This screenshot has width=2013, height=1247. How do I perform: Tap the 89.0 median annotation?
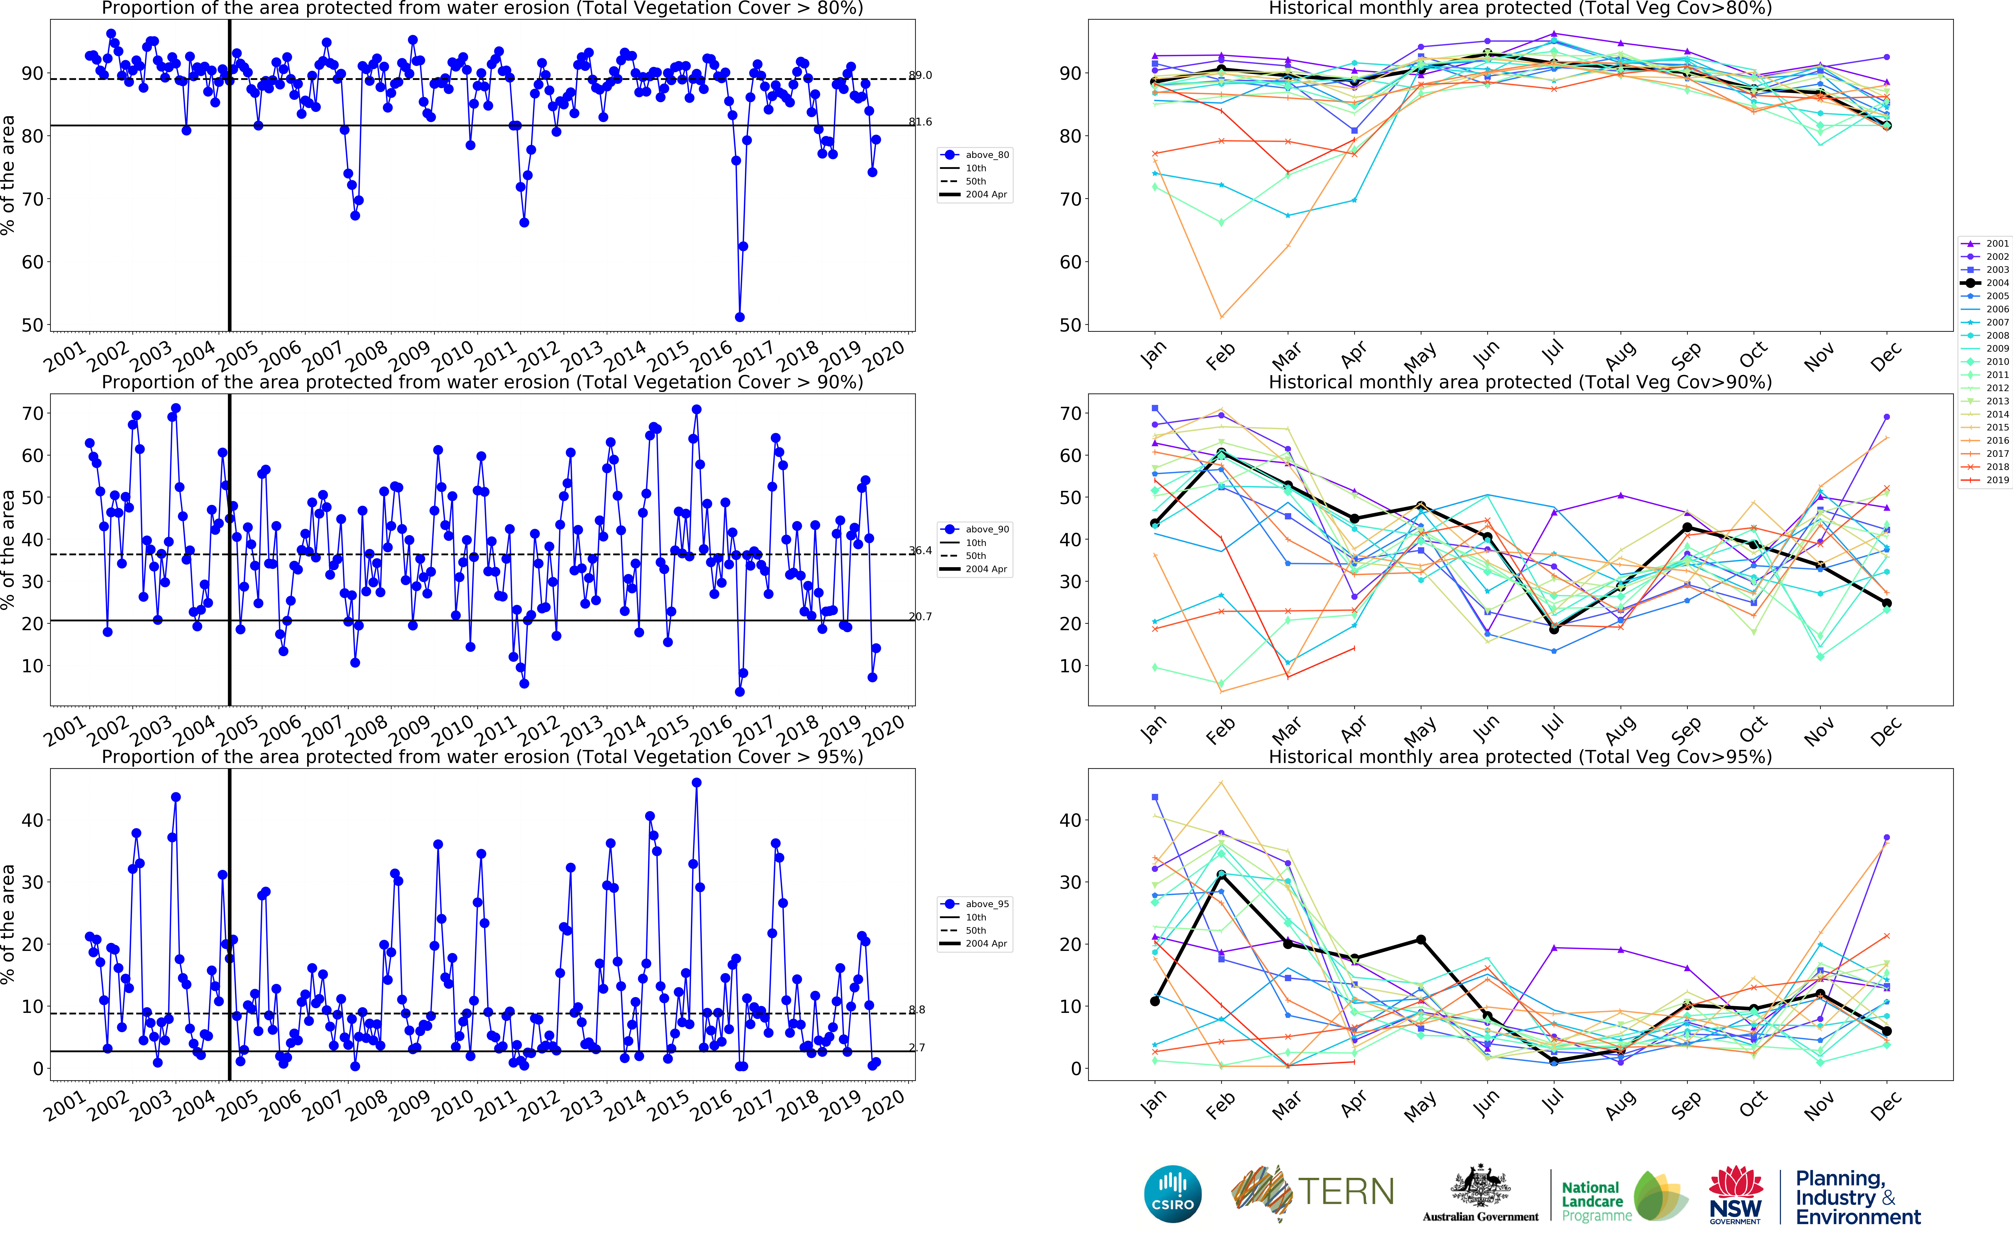(x=920, y=75)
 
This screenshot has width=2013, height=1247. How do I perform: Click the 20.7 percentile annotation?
(x=920, y=616)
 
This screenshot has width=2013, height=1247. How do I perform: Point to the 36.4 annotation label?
(x=920, y=550)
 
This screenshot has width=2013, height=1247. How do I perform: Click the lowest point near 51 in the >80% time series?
(x=740, y=317)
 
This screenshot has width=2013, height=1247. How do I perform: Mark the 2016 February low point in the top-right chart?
(x=1221, y=317)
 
